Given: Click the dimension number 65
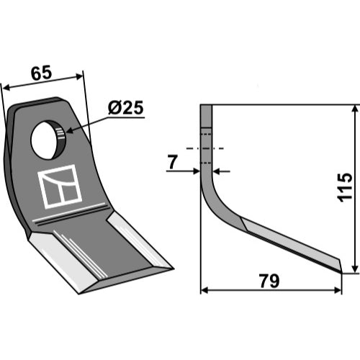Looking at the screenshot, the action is pos(41,73).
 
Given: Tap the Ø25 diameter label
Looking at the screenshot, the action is pos(125,107).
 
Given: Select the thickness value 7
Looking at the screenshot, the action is pos(173,162).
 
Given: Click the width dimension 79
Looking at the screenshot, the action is pos(269,281).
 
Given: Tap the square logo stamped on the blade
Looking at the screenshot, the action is pos(60,186).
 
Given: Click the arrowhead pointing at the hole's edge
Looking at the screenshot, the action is pos(70,130).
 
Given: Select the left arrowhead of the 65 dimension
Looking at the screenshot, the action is pos(6,88).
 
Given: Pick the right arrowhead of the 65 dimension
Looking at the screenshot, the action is pos(79,76).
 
